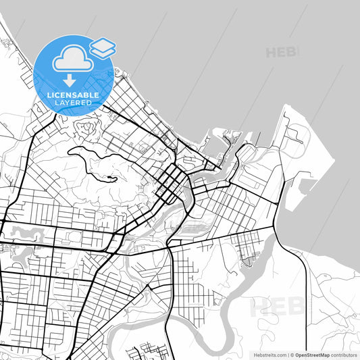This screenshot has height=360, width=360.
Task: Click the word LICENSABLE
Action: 73,96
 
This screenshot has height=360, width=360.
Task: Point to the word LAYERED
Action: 73,103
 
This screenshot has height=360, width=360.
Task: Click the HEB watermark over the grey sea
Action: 282,52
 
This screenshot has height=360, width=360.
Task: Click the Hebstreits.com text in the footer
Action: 270,354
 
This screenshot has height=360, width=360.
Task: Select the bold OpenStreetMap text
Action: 310,354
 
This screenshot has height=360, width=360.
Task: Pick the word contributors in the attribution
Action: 344,354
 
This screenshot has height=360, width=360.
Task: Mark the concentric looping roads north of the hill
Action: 87,128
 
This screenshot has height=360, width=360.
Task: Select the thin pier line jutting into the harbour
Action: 257,136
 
